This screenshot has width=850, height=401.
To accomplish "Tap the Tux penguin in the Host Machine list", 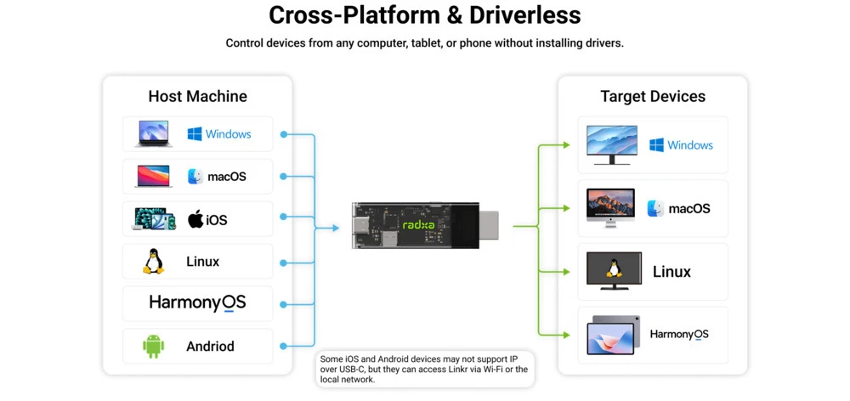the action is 153,261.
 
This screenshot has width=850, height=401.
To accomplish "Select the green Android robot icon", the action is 153,347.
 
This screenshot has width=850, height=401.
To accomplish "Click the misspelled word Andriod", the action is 210,347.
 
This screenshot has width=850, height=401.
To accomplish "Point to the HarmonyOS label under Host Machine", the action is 197,302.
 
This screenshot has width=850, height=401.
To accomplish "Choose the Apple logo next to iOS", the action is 195,219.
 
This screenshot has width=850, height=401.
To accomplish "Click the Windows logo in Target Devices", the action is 656,144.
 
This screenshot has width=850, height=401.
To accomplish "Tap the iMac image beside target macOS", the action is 609,208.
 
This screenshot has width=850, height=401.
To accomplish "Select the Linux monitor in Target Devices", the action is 614,270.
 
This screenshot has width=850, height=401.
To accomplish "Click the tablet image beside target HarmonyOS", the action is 613,335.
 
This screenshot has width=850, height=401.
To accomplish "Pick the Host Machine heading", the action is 198,97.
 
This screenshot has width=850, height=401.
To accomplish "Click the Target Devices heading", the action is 653,97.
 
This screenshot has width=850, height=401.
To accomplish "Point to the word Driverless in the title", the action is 524,15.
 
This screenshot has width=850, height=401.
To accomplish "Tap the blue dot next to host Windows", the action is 283,134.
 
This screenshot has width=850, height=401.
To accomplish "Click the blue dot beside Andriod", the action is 283,347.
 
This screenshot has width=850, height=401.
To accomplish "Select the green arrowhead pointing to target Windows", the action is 566,144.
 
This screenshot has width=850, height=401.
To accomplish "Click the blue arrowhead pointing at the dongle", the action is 336,229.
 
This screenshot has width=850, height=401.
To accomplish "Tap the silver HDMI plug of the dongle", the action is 489,225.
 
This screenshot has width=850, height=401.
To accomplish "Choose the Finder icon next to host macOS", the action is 195,177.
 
